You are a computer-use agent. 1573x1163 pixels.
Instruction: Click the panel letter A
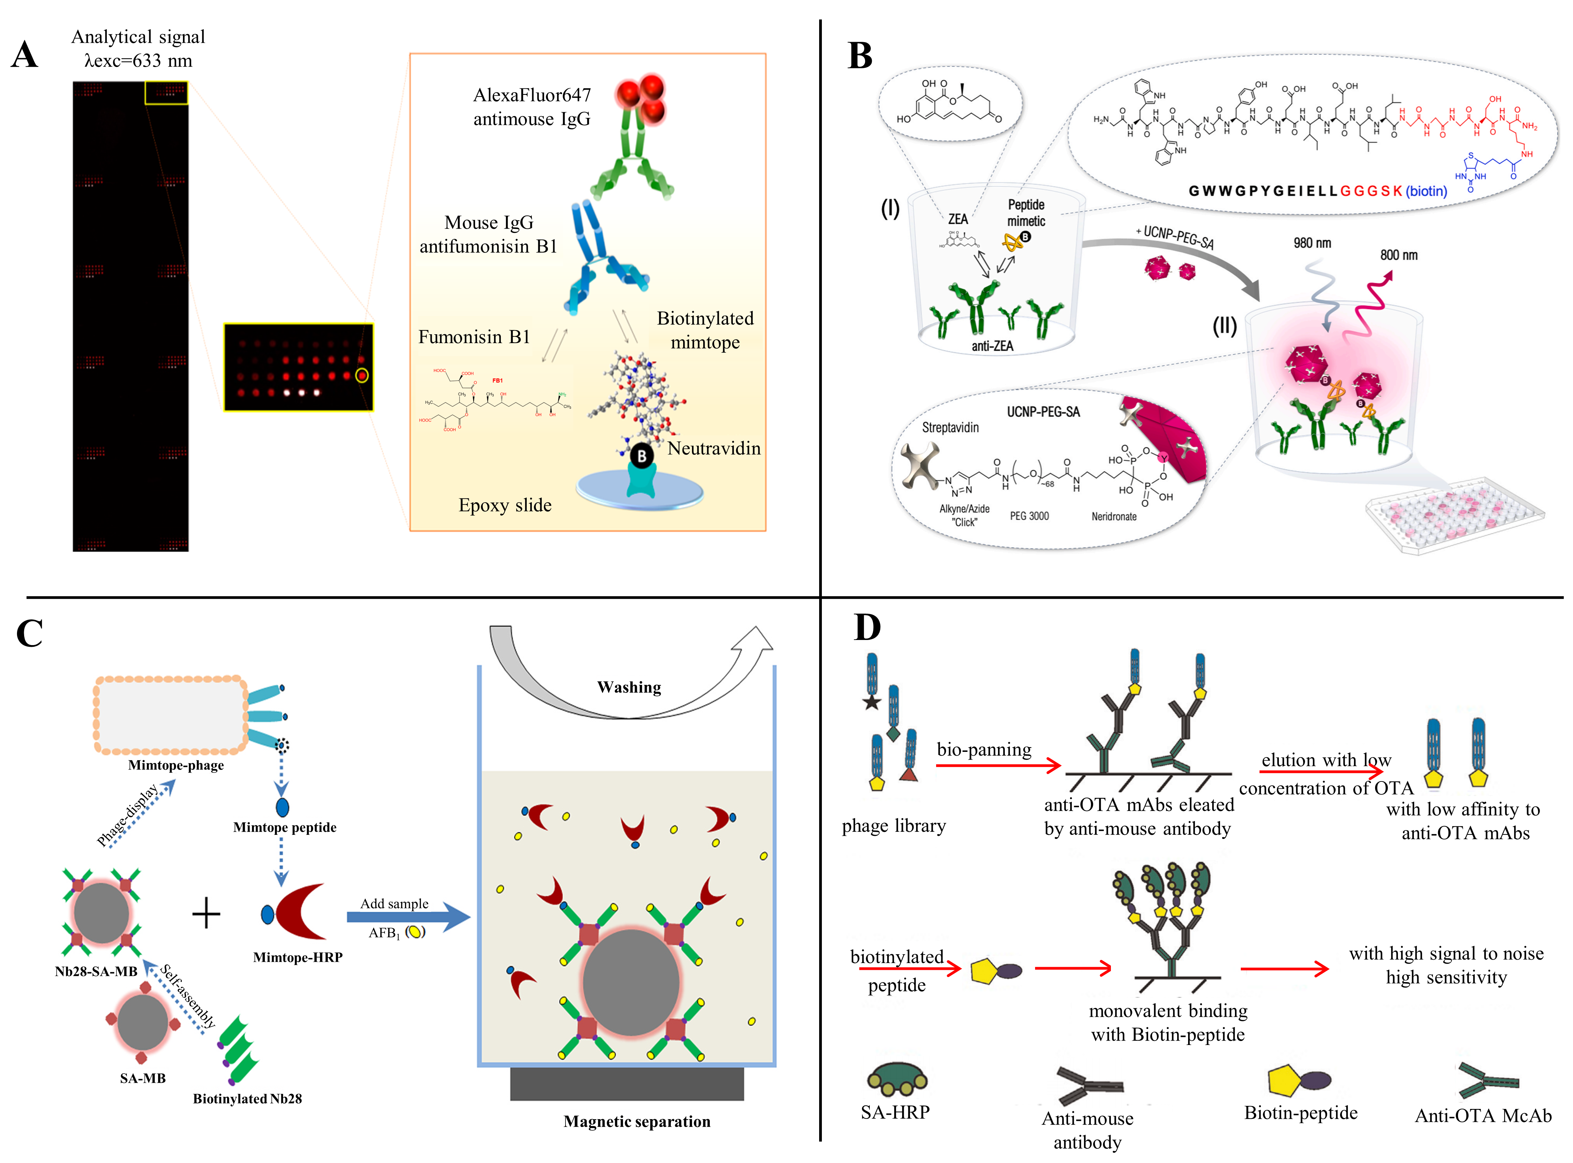click(x=24, y=55)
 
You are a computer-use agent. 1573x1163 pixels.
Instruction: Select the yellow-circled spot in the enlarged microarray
click(x=362, y=375)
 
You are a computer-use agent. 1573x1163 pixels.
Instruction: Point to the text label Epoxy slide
click(x=505, y=505)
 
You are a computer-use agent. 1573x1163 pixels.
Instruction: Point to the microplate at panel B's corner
click(x=1453, y=518)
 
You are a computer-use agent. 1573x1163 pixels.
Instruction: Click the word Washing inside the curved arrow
click(x=629, y=687)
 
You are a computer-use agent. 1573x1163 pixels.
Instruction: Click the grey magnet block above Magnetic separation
click(x=626, y=1083)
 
